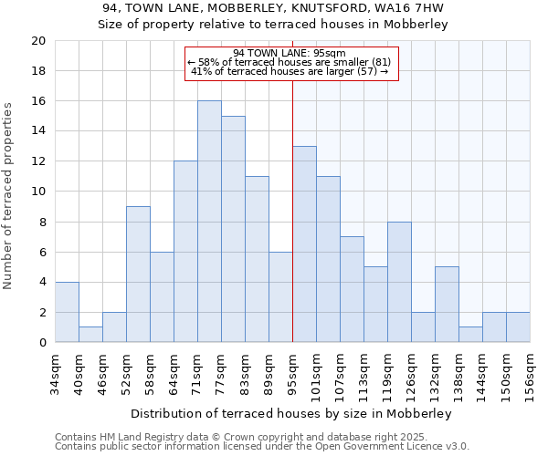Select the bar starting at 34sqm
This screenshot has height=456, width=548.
pyautogui.click(x=67, y=312)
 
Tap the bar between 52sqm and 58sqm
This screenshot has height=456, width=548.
pyautogui.click(x=138, y=275)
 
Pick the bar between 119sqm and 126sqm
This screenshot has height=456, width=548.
pyautogui.click(x=399, y=282)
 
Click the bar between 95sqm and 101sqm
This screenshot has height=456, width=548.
pyautogui.click(x=304, y=244)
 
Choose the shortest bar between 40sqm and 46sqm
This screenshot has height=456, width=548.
pyautogui.click(x=90, y=335)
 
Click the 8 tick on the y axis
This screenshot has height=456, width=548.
pyautogui.click(x=41, y=222)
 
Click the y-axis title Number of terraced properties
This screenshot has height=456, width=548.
pyautogui.click(x=9, y=196)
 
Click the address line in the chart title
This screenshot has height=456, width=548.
pyautogui.click(x=273, y=8)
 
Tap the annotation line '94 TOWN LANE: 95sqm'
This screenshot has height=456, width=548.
pyautogui.click(x=289, y=53)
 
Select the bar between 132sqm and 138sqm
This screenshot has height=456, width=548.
pyautogui.click(x=447, y=305)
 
